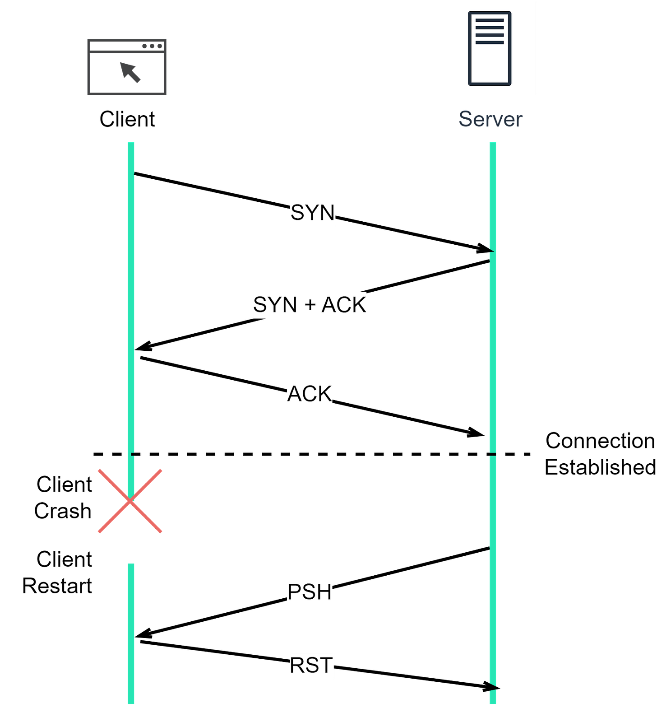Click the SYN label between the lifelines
[x=313, y=213]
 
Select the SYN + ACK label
[x=310, y=305]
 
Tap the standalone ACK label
[x=310, y=394]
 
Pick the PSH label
[x=310, y=592]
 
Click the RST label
[x=311, y=666]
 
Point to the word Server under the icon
[x=490, y=120]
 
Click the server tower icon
[x=490, y=48]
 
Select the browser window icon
[x=127, y=67]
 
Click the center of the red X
[x=130, y=501]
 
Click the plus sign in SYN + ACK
[x=310, y=306]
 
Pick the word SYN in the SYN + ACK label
[x=275, y=305]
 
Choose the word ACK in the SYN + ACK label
[x=343, y=305]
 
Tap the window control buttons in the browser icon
[x=152, y=46]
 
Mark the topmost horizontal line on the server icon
[x=490, y=20]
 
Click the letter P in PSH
[x=295, y=592]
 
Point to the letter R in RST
[x=297, y=666]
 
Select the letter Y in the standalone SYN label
[x=312, y=213]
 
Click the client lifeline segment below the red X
[x=131, y=632]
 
